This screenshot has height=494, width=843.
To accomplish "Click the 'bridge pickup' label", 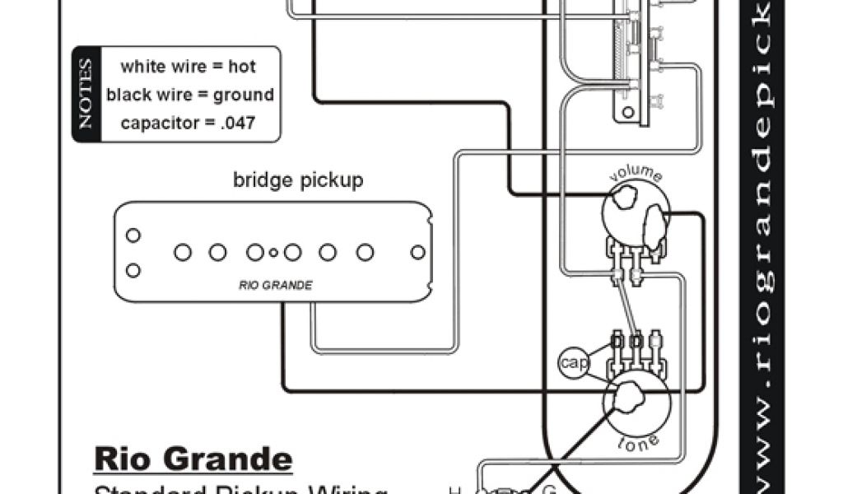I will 297,179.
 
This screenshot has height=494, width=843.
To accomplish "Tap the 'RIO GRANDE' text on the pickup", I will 275,286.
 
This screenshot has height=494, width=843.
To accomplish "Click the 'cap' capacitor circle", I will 569,362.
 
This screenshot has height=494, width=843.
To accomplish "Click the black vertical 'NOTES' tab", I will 86,95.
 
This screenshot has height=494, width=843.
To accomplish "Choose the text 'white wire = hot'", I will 188,67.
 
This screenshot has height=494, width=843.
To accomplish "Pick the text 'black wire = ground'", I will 189,95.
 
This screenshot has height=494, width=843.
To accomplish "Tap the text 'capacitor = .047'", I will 188,123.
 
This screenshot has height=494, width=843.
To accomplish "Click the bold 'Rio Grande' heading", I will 193,459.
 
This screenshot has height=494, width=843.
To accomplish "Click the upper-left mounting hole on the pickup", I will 133,235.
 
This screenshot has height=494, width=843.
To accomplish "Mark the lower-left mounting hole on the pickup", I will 133,270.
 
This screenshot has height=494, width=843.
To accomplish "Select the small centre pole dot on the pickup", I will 274,252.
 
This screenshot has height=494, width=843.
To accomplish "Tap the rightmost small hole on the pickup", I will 417,252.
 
